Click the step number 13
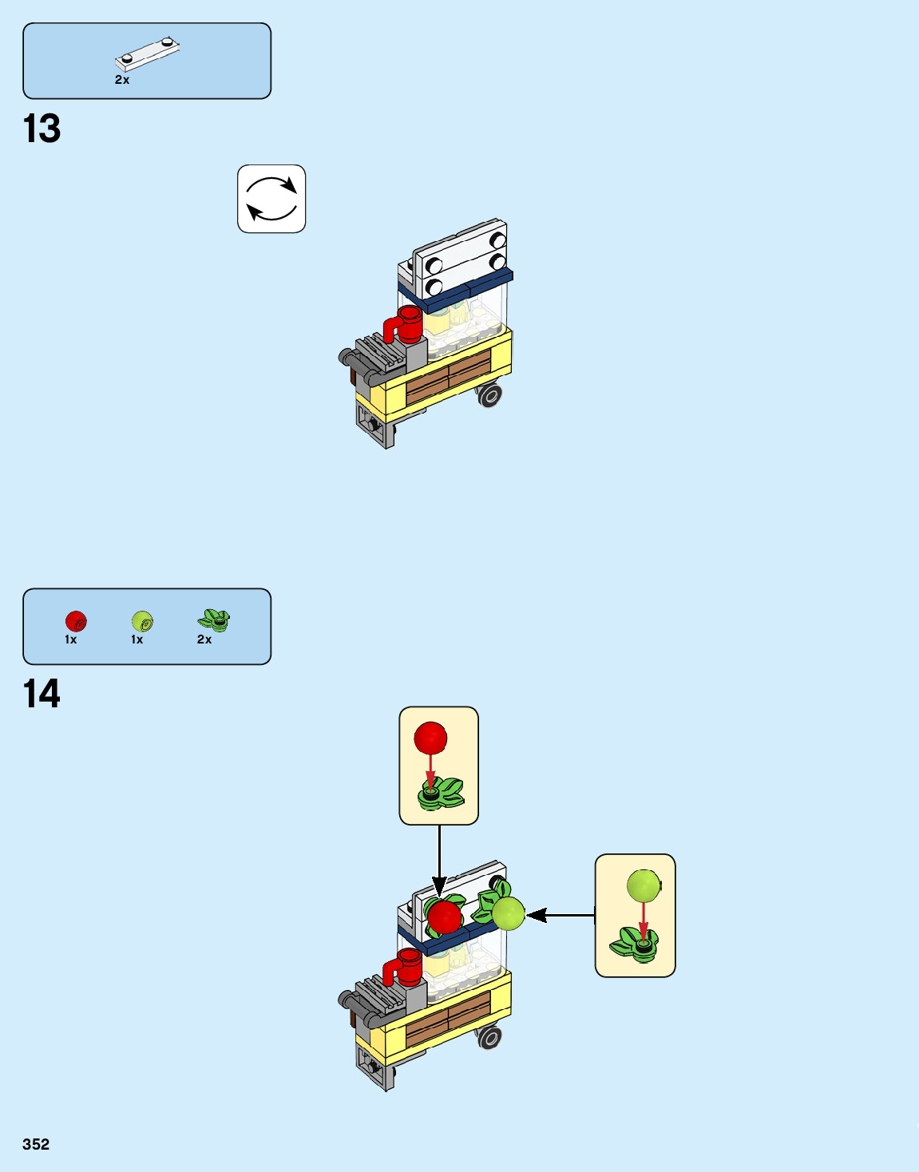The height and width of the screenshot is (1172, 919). [x=42, y=129]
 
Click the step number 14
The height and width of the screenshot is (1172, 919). [x=42, y=694]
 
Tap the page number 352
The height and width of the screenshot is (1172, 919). [x=36, y=1144]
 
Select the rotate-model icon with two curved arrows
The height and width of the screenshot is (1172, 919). [x=271, y=199]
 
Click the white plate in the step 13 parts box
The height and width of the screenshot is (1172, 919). [x=147, y=54]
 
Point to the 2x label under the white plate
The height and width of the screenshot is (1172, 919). [x=122, y=80]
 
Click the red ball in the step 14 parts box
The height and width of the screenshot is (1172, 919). [x=76, y=621]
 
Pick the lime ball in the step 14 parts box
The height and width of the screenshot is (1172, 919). [x=142, y=621]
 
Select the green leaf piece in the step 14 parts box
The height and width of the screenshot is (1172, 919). [x=213, y=620]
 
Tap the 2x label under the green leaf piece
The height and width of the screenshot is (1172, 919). [x=204, y=639]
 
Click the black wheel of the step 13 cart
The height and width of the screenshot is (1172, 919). [x=489, y=394]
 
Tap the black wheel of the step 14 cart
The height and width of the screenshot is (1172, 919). [x=489, y=1037]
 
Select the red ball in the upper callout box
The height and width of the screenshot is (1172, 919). [x=430, y=738]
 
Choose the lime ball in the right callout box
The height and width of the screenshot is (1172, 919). [x=644, y=886]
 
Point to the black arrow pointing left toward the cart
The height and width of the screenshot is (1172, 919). [x=559, y=915]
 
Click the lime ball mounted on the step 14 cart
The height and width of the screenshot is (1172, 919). [x=508, y=913]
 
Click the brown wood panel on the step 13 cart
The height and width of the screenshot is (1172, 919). [x=448, y=378]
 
